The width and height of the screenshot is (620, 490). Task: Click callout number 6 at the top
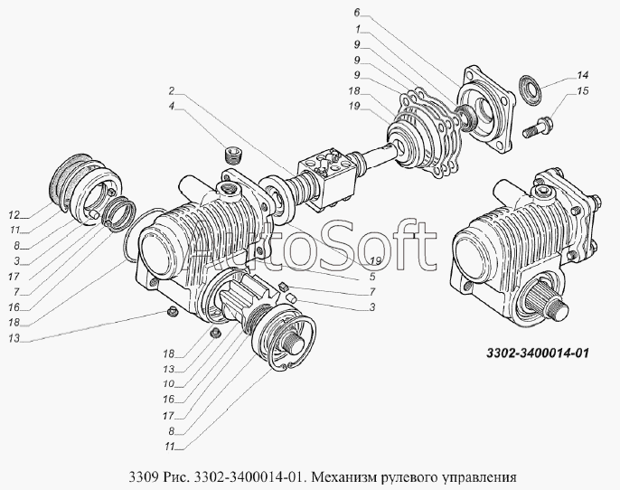[357, 13]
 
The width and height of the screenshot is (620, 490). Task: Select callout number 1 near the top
[358, 29]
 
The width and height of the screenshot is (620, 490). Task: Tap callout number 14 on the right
[582, 75]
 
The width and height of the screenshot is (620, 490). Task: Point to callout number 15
[582, 91]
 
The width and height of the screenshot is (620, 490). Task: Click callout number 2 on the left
[171, 91]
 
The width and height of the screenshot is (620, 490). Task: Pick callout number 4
[171, 106]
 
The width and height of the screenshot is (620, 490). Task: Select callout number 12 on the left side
[14, 215]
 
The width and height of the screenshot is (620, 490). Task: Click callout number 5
[372, 277]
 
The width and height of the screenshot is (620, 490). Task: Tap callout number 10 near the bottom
[168, 384]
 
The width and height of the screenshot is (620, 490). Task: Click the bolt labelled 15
[538, 126]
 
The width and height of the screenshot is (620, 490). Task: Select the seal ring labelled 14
[529, 90]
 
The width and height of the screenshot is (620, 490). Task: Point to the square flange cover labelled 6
[486, 109]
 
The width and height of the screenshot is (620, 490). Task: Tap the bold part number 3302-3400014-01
[538, 353]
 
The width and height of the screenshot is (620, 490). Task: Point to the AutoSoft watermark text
[311, 246]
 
